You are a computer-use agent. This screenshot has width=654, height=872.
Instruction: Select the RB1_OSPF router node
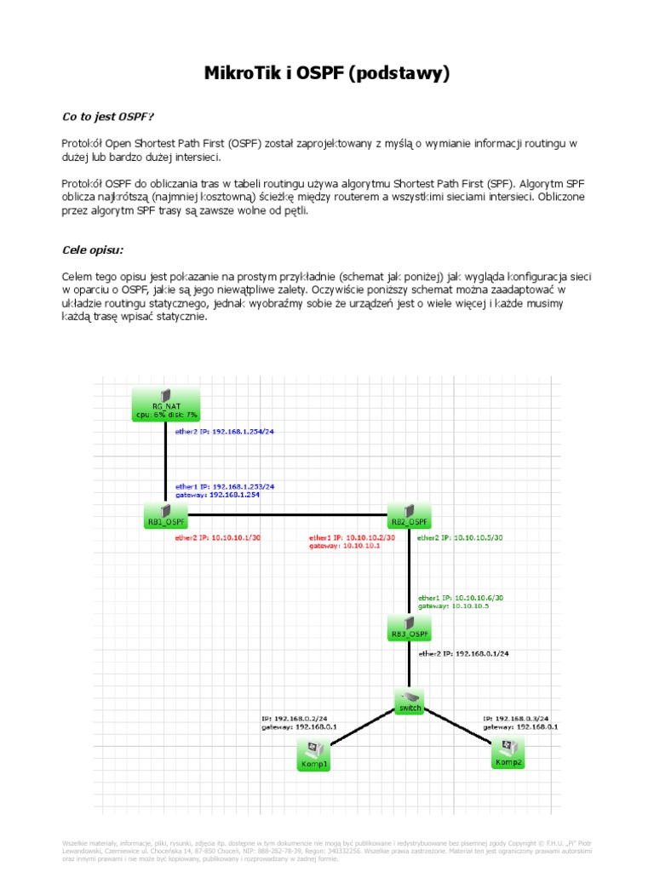pos(165,514)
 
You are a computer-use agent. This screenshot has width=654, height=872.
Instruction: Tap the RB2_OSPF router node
pos(409,514)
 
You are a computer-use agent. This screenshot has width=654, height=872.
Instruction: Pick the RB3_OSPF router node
pos(409,627)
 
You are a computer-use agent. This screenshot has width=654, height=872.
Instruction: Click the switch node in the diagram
pos(409,702)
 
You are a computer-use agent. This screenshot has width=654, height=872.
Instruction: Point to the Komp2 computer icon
pos(508,754)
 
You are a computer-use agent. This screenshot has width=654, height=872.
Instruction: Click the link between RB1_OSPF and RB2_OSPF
pos(287,514)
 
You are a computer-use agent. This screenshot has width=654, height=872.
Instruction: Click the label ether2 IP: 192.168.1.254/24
pos(224,432)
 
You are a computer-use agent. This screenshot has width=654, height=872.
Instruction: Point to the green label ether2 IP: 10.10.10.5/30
pos(460,538)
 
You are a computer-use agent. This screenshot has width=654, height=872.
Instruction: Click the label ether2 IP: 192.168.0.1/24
pos(469,653)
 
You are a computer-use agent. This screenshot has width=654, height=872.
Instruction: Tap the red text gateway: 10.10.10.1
pos(344,546)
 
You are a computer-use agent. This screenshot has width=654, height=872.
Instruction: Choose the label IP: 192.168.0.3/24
pos(515,718)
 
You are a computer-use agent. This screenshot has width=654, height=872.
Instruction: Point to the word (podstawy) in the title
pos(398,74)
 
